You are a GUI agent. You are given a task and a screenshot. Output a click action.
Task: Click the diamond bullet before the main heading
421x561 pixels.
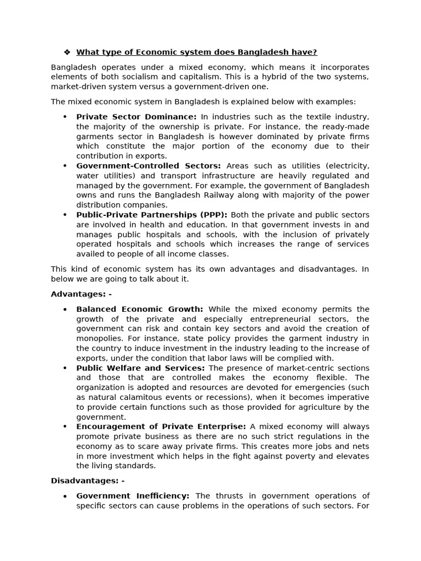67,53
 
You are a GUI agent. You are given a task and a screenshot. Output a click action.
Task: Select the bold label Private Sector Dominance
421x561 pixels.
136,117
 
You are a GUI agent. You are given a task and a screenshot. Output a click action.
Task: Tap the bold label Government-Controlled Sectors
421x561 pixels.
149,166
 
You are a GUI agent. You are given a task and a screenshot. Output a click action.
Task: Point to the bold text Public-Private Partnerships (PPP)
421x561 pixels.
152,215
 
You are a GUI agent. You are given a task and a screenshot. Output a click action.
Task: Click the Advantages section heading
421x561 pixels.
81,294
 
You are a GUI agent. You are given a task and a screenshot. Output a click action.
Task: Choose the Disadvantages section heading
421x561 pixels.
88,481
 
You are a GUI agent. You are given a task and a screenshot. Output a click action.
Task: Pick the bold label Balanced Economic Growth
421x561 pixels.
140,309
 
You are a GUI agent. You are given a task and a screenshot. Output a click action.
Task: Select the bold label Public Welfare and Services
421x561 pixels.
140,368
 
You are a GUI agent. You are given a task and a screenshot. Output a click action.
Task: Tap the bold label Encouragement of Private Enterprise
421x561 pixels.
161,427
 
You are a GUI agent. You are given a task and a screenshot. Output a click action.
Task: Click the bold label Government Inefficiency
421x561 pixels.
133,496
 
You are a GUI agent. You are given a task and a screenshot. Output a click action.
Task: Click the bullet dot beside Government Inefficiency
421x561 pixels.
65,496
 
